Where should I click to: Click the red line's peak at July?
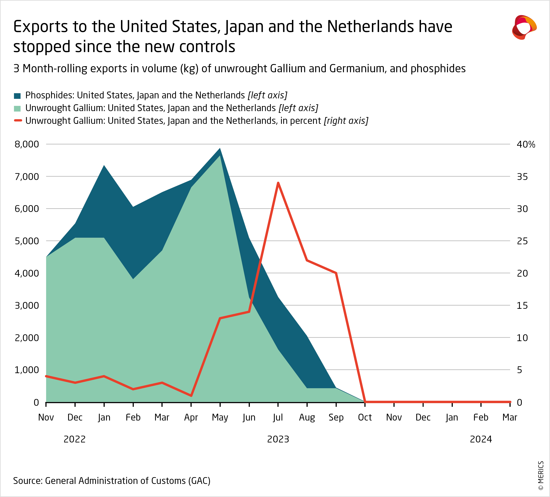(x=278, y=183)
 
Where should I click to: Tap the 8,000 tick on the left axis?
(x=27, y=144)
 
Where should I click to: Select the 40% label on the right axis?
(x=526, y=145)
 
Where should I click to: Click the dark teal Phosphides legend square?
(x=17, y=96)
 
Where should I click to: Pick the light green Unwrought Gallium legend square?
(x=17, y=108)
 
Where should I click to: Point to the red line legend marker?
(x=18, y=120)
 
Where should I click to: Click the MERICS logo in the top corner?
(x=524, y=27)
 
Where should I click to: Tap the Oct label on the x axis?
(x=365, y=417)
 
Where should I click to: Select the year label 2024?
(x=481, y=439)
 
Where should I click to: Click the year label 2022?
(x=75, y=439)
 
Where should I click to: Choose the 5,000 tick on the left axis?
(x=27, y=241)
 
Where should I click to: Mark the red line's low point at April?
(x=191, y=395)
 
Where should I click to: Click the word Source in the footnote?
(x=27, y=481)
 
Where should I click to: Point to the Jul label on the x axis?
(x=278, y=417)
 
